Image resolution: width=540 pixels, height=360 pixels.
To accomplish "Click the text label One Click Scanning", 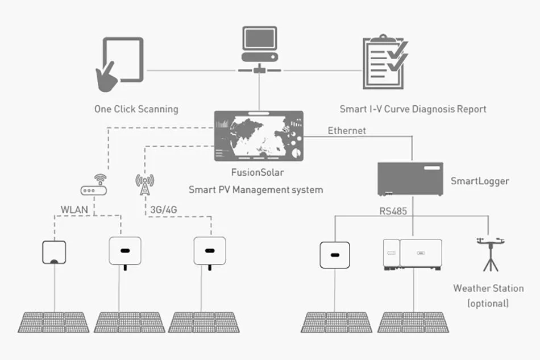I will point(136,109).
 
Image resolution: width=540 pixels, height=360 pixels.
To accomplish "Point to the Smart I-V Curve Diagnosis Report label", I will point(413,109).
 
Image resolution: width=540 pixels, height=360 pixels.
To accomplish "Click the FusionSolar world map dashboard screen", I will point(259,136).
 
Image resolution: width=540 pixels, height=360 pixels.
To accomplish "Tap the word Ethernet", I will point(347,131).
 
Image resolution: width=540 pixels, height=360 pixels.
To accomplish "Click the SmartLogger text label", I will point(479,181).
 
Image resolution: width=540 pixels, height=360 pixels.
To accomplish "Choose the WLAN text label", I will point(74,210).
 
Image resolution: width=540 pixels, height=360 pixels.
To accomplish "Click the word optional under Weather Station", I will point(488,303).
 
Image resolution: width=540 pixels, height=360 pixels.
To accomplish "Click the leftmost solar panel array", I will point(54,322).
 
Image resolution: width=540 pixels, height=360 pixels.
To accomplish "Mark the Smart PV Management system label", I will point(255,189).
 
